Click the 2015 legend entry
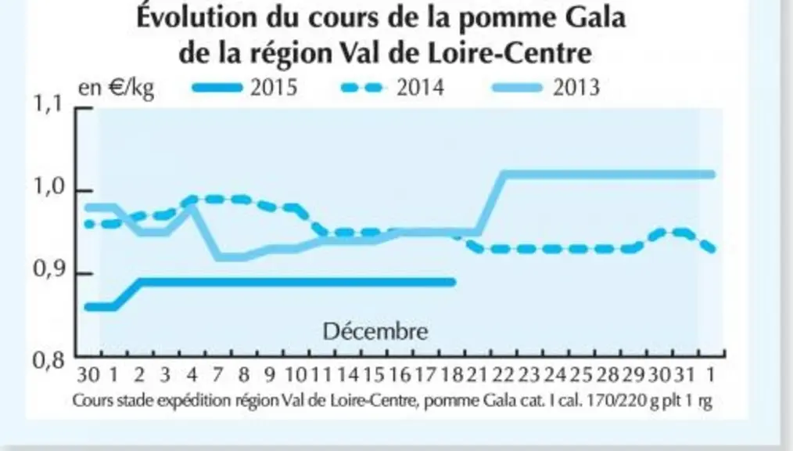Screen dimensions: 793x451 (245, 88)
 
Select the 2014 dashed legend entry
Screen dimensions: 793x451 (393, 88)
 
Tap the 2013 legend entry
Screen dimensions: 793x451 (546, 88)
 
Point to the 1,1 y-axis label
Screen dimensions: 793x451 (48, 104)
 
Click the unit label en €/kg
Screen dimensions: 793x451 (116, 88)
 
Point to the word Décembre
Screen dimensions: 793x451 (375, 331)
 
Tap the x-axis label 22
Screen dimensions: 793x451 (504, 375)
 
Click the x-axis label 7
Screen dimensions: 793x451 (217, 375)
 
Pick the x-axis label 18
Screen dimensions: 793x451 (451, 375)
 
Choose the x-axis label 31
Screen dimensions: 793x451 (685, 375)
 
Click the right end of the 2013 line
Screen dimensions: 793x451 (712, 175)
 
